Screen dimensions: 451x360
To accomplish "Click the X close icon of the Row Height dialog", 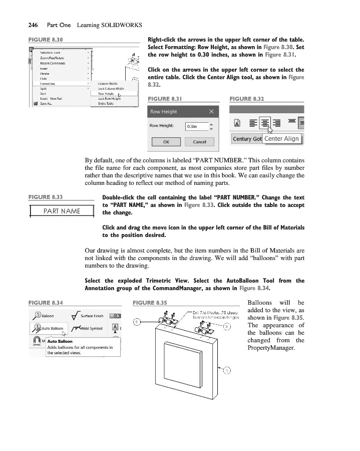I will click(x=212, y=111).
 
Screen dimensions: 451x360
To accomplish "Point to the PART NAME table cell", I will click(x=62, y=210).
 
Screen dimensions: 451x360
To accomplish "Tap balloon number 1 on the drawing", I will click(x=226, y=370).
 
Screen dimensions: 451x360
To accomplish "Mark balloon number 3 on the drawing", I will click(x=227, y=327).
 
